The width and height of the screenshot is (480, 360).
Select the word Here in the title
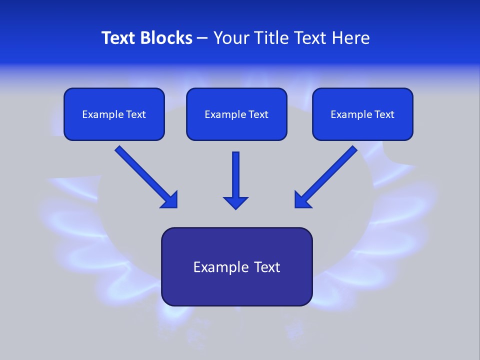[350, 38]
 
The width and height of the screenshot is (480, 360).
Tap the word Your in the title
[230, 38]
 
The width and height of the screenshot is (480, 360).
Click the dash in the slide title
[202, 38]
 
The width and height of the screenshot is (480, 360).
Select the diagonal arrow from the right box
[327, 175]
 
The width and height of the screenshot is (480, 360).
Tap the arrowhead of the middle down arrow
[235, 202]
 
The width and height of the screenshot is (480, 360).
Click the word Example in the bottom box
[217, 267]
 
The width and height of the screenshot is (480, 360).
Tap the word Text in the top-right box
[384, 114]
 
